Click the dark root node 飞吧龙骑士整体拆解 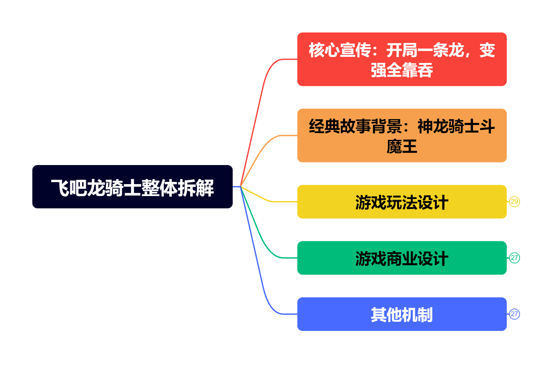[x=132, y=187]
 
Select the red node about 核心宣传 [x=401, y=59]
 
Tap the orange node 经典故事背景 [x=401, y=135]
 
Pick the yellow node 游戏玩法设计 [x=401, y=202]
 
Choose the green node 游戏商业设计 [x=401, y=258]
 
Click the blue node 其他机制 [x=401, y=314]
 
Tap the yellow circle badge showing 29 [x=514, y=202]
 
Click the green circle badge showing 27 [x=514, y=258]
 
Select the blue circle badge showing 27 [x=514, y=314]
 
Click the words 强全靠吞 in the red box [x=401, y=70]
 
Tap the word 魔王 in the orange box [x=401, y=147]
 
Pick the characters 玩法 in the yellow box [x=401, y=203]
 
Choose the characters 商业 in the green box [x=401, y=259]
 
